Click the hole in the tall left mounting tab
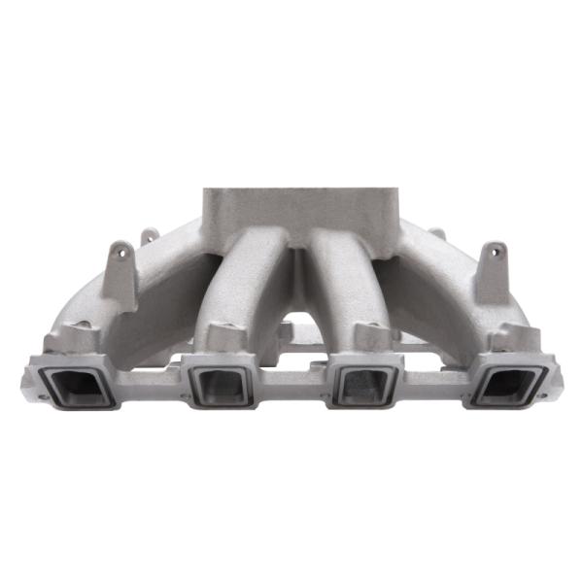click(x=122, y=253)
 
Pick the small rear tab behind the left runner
click(x=150, y=236)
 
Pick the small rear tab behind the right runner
click(x=438, y=234)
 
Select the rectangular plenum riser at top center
click(x=299, y=211)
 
